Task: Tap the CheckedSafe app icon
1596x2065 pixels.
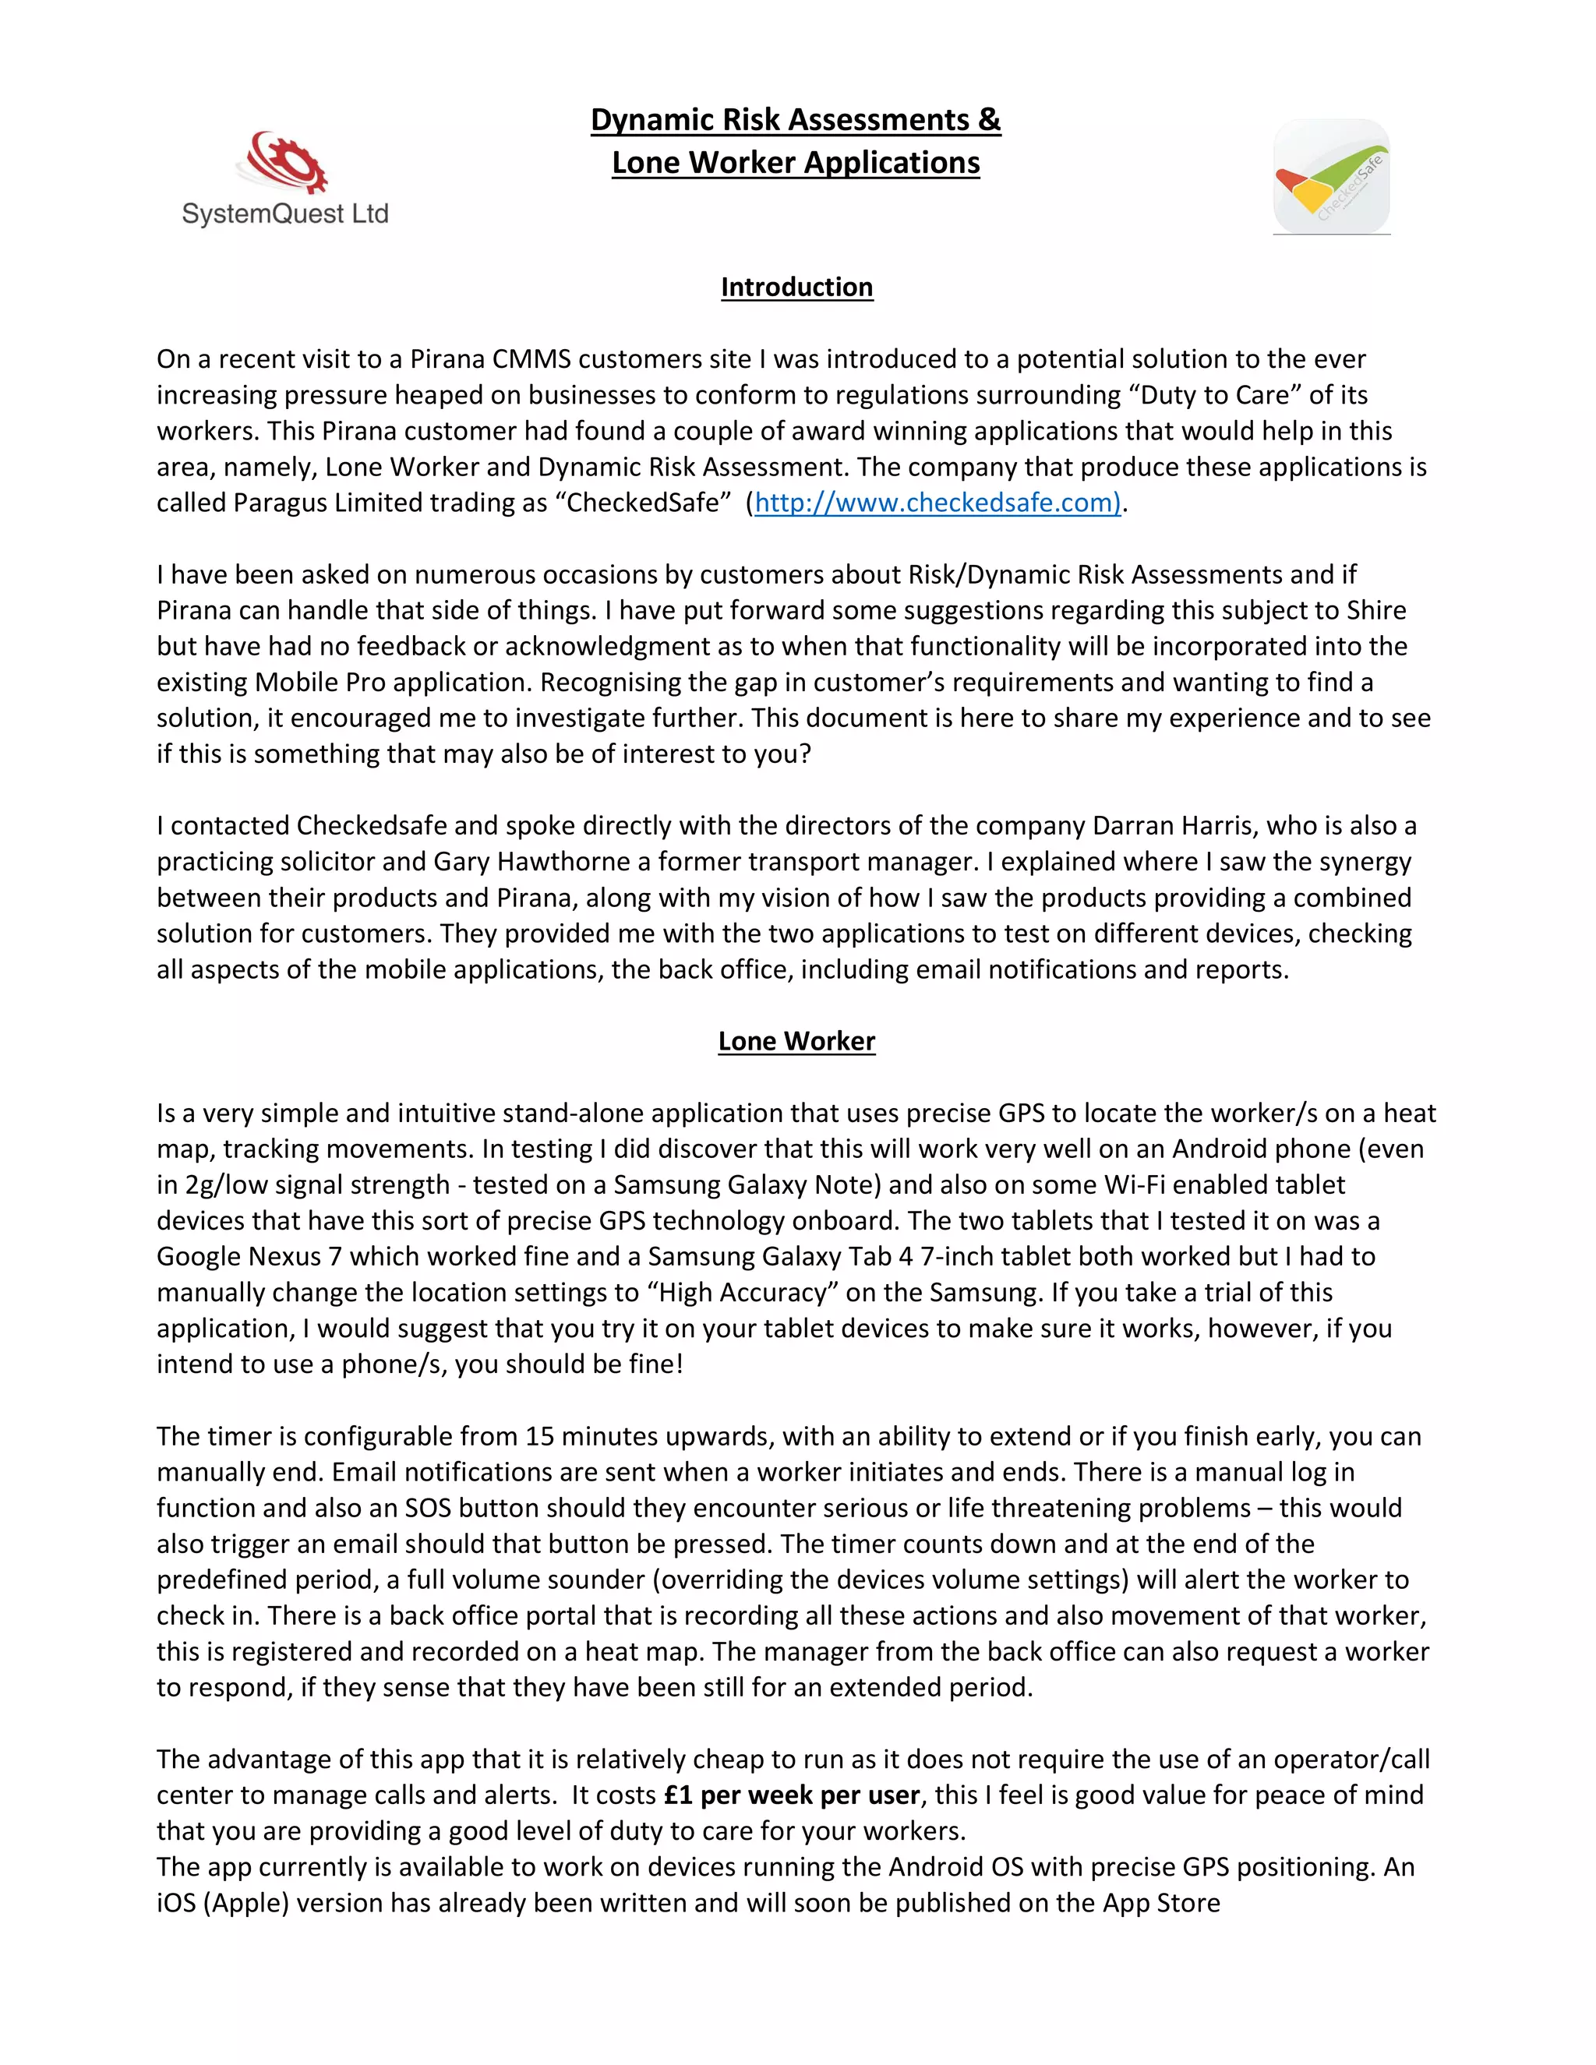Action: coord(1331,177)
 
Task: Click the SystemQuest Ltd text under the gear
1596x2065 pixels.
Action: coord(284,214)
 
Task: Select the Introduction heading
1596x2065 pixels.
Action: coord(796,288)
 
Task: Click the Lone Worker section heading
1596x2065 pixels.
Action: coord(796,1041)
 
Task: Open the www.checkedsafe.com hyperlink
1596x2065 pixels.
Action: coord(936,503)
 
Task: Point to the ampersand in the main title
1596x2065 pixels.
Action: coord(989,120)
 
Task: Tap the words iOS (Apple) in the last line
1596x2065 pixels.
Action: coord(222,1904)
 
